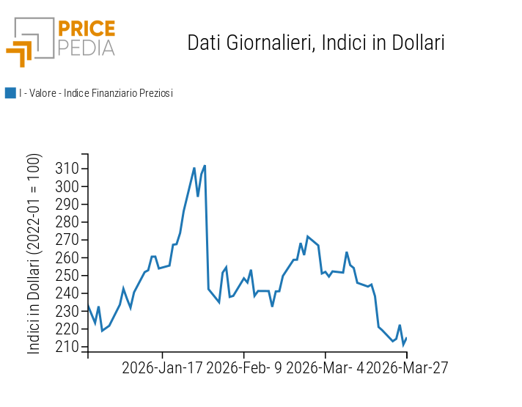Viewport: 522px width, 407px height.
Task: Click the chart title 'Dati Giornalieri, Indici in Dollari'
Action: click(x=316, y=43)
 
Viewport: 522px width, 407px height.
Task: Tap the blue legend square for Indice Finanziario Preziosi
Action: click(x=10, y=93)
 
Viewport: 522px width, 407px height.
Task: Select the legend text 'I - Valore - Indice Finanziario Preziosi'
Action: click(x=96, y=93)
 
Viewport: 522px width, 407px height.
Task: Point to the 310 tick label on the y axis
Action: click(x=67, y=169)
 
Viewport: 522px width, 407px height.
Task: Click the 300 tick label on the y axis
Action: click(x=67, y=186)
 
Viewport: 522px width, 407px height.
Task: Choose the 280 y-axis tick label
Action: click(x=67, y=222)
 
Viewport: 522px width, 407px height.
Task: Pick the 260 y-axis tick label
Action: click(x=67, y=257)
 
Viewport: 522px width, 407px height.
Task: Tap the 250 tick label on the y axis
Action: click(x=67, y=276)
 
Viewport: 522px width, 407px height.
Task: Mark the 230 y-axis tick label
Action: click(x=67, y=311)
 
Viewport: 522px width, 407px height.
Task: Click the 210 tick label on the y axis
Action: click(x=67, y=347)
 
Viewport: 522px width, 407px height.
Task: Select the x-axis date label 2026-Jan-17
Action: click(x=162, y=367)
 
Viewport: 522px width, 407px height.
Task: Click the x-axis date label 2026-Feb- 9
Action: click(x=244, y=367)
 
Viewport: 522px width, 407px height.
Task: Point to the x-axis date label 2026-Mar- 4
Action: click(x=325, y=367)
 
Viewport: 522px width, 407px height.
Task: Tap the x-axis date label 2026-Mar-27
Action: click(x=407, y=367)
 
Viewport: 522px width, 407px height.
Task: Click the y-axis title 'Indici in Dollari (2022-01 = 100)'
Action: click(x=34, y=254)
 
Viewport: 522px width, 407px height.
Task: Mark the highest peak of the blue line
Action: click(x=205, y=166)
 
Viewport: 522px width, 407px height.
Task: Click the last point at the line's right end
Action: click(x=406, y=338)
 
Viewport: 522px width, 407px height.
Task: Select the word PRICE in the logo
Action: click(x=86, y=29)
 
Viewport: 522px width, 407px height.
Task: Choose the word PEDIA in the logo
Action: click(x=86, y=48)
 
